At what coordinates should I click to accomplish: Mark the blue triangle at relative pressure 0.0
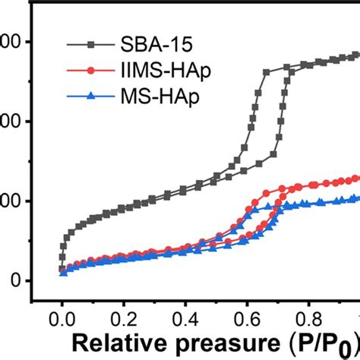(x=63, y=273)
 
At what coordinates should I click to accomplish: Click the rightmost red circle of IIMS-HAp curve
(x=356, y=178)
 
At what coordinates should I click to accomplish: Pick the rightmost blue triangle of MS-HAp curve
(x=356, y=198)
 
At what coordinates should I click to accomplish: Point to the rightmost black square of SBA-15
(x=356, y=55)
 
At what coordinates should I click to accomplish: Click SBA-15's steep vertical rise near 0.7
(x=283, y=114)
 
